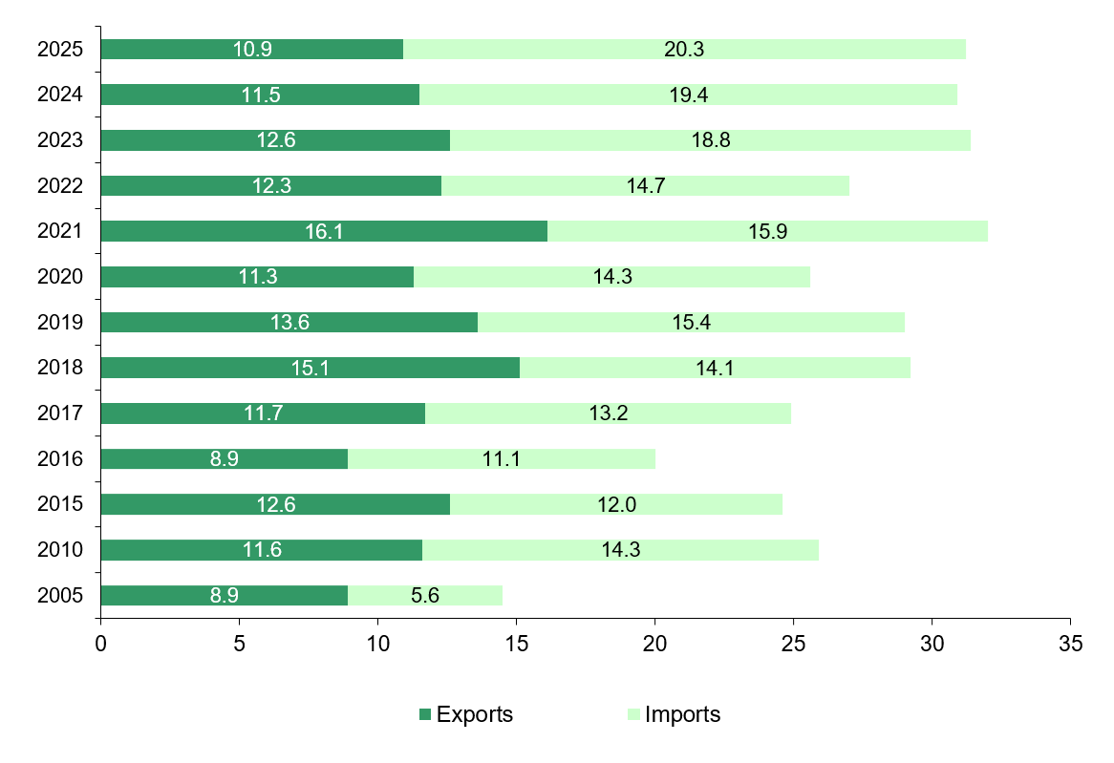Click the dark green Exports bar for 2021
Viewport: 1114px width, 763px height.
pos(191,231)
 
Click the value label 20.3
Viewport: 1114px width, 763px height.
pos(684,50)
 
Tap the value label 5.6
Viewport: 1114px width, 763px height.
pos(425,596)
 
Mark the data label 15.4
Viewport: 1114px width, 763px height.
pos(691,323)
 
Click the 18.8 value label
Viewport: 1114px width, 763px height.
pos(710,140)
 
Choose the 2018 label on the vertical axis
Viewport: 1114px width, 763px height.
pos(60,368)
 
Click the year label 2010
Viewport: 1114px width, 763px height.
pos(60,550)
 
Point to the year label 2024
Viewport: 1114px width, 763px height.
pos(60,95)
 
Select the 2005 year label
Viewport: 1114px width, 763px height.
pos(60,596)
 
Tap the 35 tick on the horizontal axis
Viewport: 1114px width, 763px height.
pos(1070,644)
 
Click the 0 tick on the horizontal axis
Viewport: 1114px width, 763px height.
pos(100,644)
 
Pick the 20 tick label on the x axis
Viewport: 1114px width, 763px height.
pos(654,644)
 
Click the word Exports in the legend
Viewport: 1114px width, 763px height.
pos(475,714)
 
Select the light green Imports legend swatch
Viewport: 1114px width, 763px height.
pos(634,714)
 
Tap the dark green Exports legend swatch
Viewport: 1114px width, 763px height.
pos(425,714)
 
